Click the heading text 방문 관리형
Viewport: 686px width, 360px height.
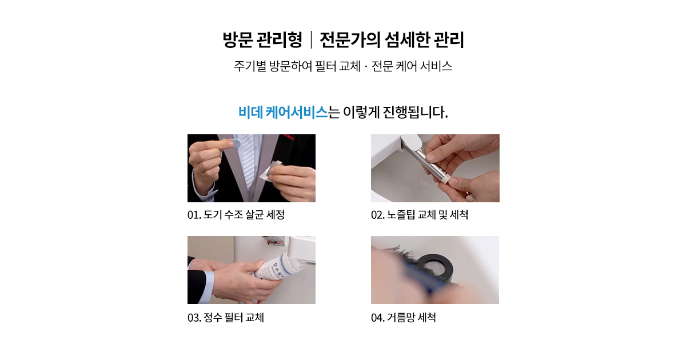click(262, 40)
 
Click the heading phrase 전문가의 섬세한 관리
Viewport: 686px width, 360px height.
click(392, 40)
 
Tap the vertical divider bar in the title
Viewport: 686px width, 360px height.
click(311, 40)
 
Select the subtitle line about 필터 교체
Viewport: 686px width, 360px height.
click(343, 66)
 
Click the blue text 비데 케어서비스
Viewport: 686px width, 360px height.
click(283, 113)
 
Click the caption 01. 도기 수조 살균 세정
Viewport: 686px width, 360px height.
click(236, 215)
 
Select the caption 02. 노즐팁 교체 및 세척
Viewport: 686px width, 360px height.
click(420, 215)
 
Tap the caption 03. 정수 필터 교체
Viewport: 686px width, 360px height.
click(226, 318)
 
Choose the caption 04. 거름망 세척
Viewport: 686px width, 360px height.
click(404, 318)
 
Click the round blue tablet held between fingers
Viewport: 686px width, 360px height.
click(236, 144)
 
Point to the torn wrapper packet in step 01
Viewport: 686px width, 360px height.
click(272, 170)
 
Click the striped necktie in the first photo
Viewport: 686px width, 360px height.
click(248, 162)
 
